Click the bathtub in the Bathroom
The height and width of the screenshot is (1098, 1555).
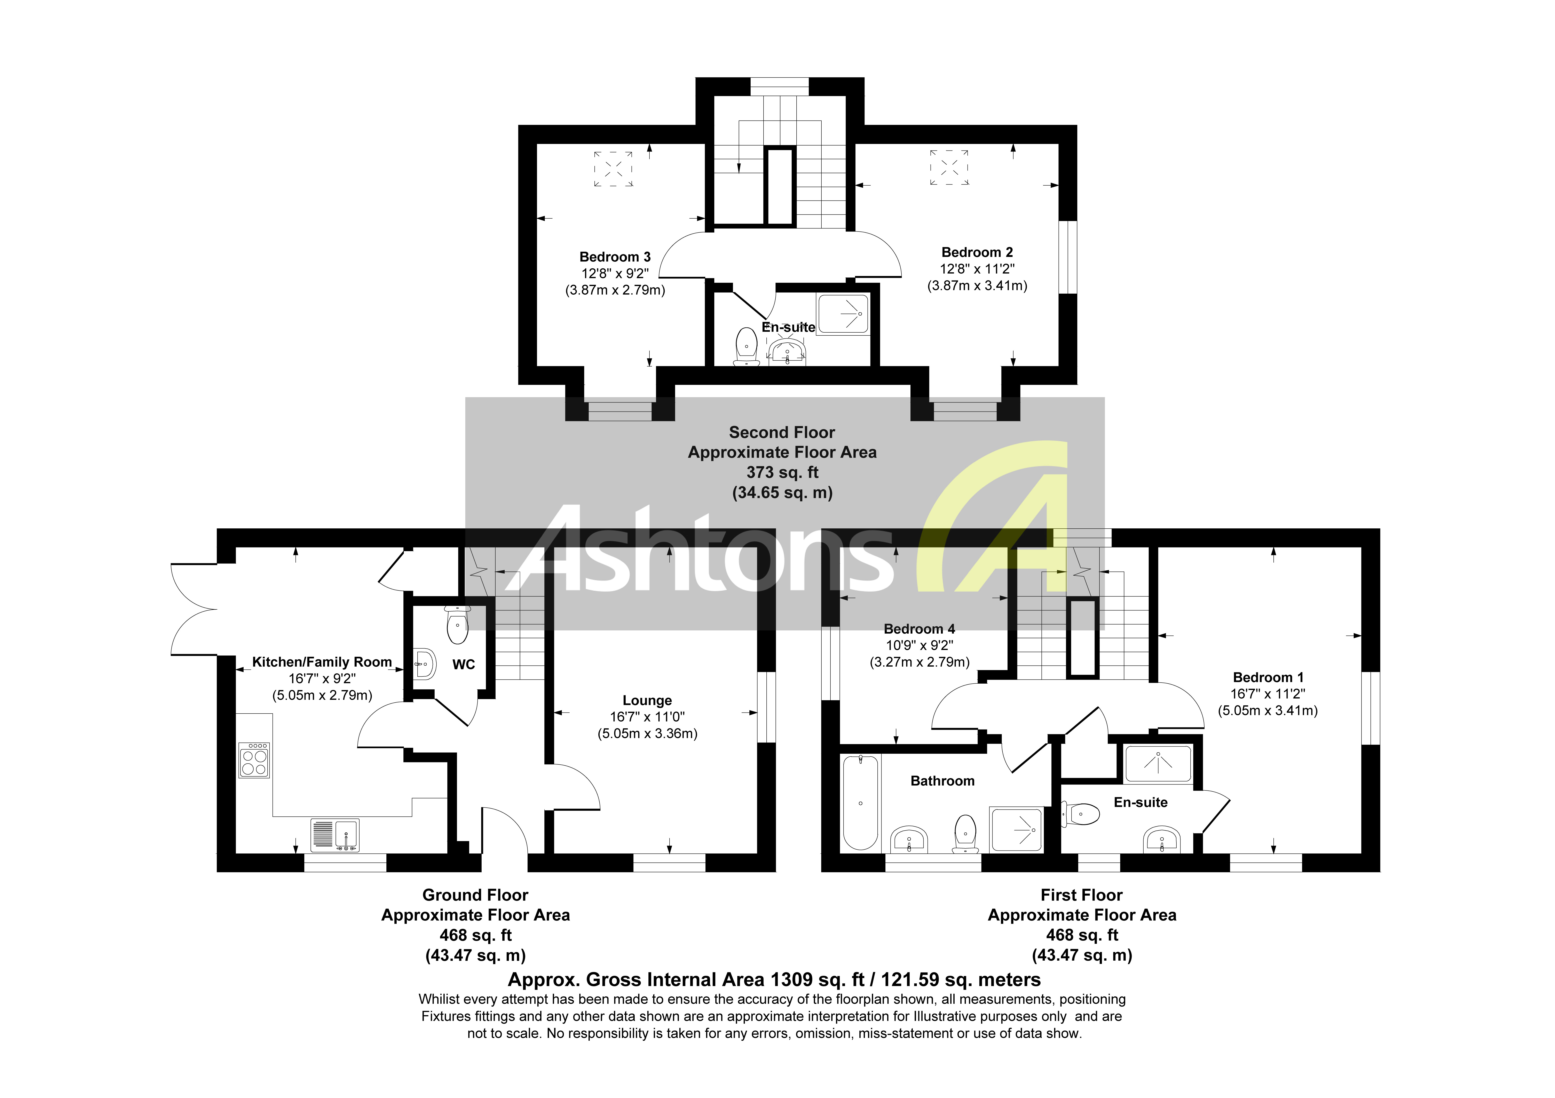tap(860, 803)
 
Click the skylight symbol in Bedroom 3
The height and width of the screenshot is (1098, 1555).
tap(614, 168)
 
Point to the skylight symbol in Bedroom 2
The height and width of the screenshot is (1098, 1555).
tap(949, 167)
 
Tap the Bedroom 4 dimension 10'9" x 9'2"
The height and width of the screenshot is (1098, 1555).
tap(919, 646)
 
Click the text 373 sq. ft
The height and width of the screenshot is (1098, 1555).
tap(782, 472)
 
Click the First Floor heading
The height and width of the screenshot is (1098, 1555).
tap(1082, 895)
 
